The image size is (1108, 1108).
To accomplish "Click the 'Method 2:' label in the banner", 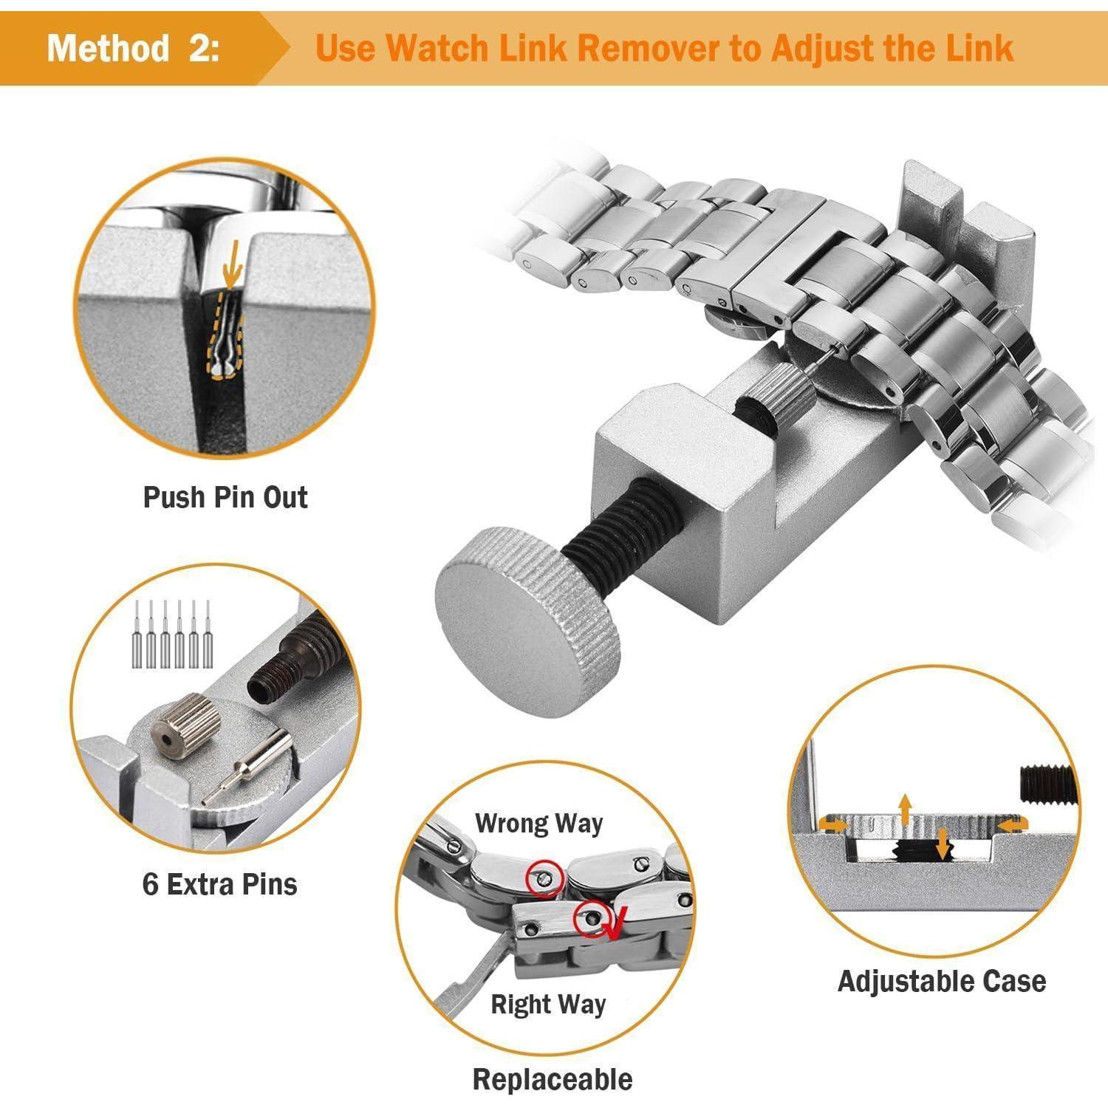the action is click(x=133, y=49).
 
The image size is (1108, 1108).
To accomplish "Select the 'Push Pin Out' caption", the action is click(x=225, y=497).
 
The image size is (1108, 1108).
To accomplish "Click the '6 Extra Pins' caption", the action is click(x=220, y=883).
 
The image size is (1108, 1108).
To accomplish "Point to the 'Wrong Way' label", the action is click(x=538, y=824).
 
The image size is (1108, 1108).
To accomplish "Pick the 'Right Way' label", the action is click(x=548, y=1005).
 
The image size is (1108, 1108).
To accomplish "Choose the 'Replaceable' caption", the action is click(x=553, y=1079).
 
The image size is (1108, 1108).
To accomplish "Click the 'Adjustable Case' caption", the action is click(x=942, y=982).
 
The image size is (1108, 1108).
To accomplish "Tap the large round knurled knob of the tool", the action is click(x=528, y=621).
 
